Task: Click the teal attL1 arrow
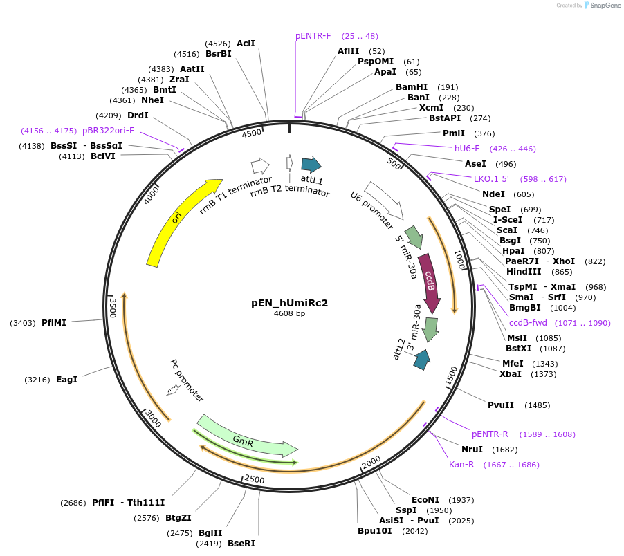click(x=311, y=165)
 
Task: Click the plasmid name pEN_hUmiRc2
click(x=289, y=302)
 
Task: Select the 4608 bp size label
click(x=289, y=313)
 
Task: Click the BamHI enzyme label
click(x=412, y=87)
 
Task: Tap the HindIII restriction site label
click(x=524, y=272)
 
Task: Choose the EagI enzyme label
click(x=66, y=380)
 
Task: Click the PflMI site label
click(x=54, y=322)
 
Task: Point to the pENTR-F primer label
click(x=313, y=35)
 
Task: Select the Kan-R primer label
click(x=461, y=465)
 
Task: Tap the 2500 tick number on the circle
click(x=255, y=480)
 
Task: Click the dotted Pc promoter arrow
click(x=172, y=391)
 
